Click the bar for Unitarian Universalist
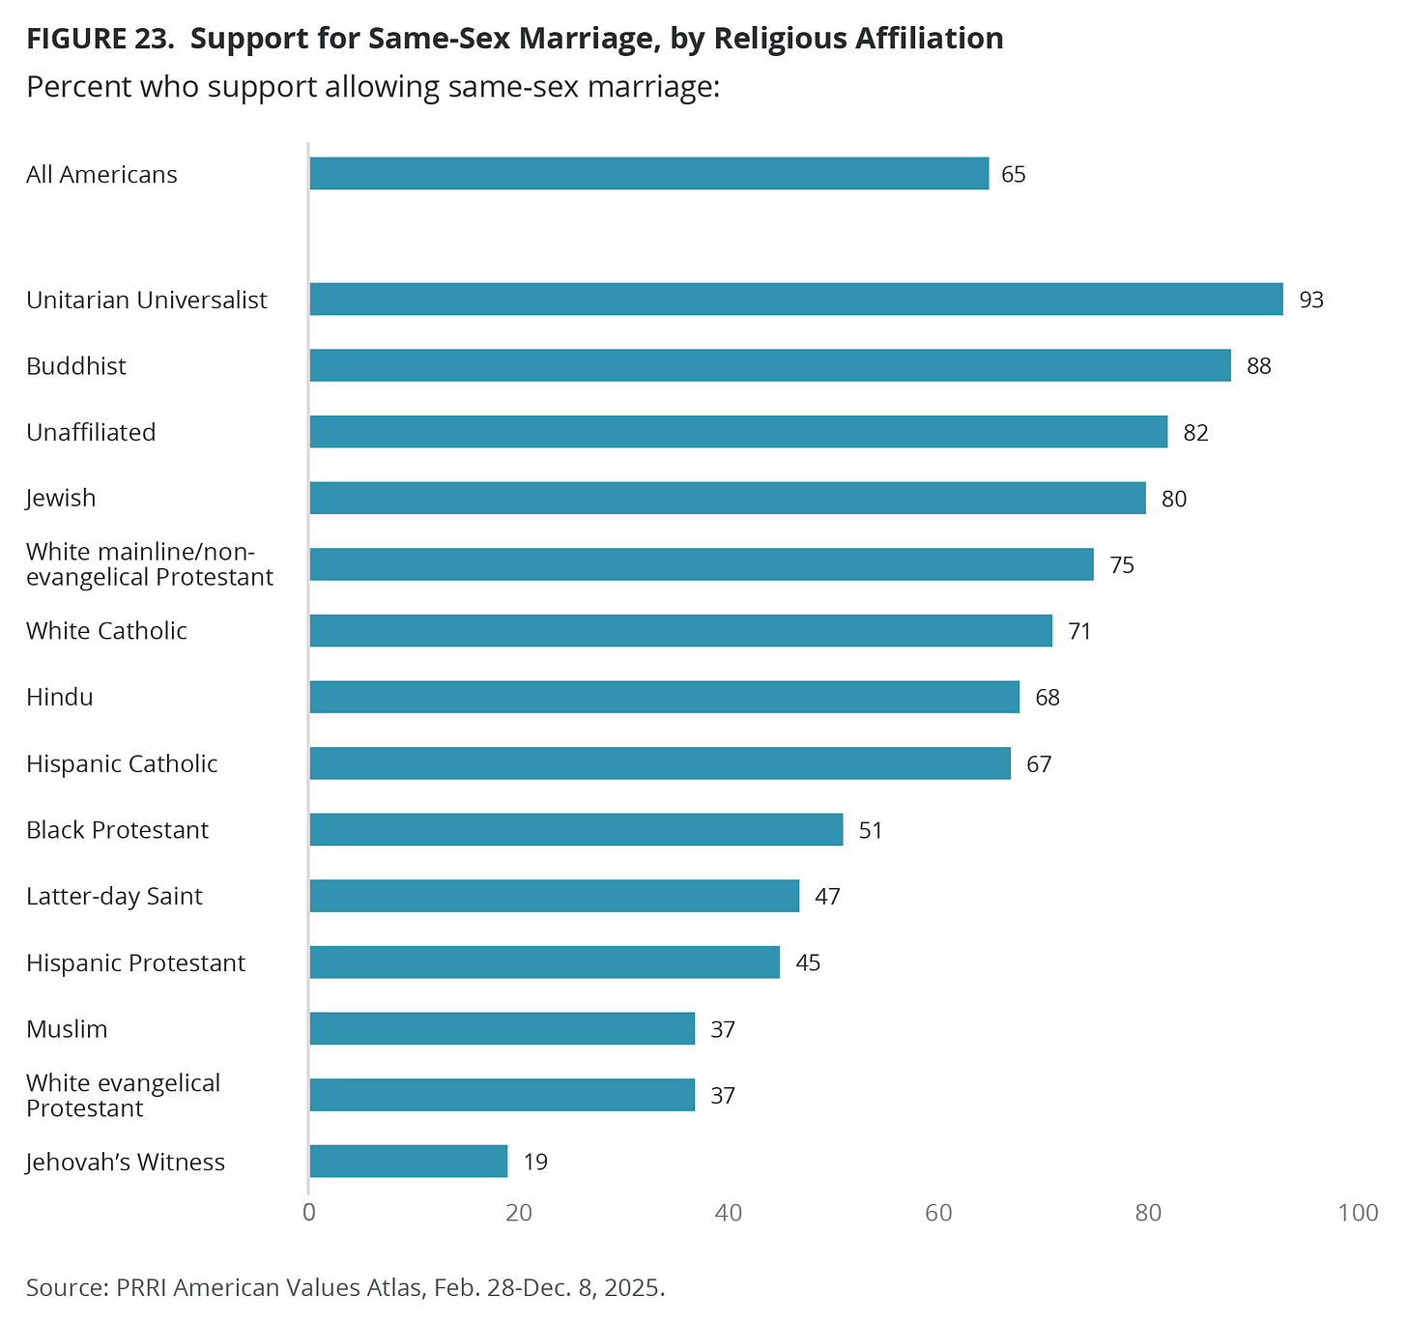(795, 300)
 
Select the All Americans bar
(648, 174)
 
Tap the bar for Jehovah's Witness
(408, 1162)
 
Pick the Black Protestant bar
(576, 830)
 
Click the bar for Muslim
(502, 1029)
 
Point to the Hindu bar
(664, 697)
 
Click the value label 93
(1310, 301)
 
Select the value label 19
(535, 1163)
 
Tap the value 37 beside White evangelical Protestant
(723, 1096)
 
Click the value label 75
(1121, 565)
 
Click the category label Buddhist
(76, 366)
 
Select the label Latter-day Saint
(114, 897)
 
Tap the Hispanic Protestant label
(135, 963)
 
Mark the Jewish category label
(61, 499)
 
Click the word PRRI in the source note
(142, 1288)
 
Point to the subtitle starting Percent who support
(373, 87)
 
